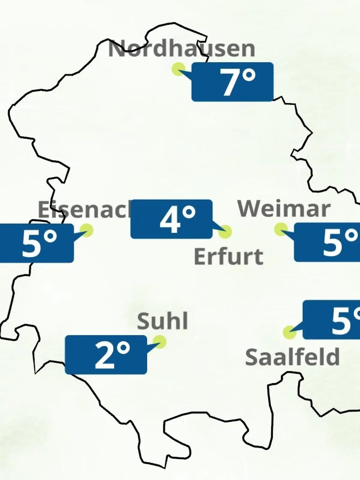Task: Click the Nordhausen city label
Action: (x=181, y=49)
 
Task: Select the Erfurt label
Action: (x=229, y=256)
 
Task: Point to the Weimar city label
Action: (x=284, y=209)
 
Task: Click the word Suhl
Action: (x=162, y=321)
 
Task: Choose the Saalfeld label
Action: (x=292, y=357)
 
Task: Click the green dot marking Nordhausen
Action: (x=178, y=69)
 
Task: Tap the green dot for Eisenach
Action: (x=87, y=230)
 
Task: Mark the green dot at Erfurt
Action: (x=225, y=232)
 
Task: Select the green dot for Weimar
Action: (x=281, y=229)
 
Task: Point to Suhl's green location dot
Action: (x=159, y=342)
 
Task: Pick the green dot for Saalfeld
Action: (x=289, y=332)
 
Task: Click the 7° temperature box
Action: (x=232, y=82)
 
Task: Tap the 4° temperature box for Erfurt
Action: (x=171, y=219)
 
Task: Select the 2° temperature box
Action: (x=106, y=355)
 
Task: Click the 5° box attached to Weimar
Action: (x=327, y=242)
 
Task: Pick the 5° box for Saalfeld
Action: (x=331, y=320)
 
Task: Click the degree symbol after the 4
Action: (x=189, y=213)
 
